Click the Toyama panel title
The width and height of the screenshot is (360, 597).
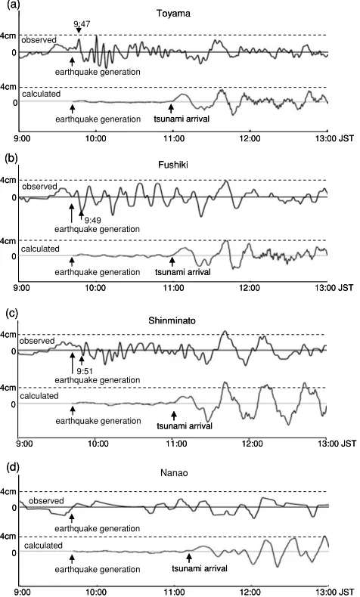click(173, 14)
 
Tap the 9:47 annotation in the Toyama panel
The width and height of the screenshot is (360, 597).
click(82, 24)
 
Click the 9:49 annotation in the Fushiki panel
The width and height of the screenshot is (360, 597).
click(92, 220)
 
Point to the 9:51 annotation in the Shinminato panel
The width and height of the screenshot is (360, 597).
click(85, 371)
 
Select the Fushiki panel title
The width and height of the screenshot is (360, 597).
click(173, 165)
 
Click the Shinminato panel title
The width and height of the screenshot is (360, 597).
click(172, 320)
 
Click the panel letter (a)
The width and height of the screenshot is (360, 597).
click(11, 5)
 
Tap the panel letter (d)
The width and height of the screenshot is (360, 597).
click(11, 467)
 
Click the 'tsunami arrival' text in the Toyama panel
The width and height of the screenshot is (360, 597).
click(182, 119)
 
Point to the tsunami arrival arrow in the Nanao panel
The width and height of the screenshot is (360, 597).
click(189, 558)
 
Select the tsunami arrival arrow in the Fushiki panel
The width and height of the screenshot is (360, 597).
click(172, 261)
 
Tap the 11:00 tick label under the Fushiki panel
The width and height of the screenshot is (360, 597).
click(173, 287)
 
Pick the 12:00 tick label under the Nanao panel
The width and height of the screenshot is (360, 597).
click(251, 592)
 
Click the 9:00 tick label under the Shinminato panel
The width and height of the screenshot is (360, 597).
click(25, 444)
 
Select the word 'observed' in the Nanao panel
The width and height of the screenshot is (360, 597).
click(46, 501)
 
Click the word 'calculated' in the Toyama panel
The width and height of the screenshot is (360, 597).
click(41, 94)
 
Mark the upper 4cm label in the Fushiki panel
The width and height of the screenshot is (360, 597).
click(8, 180)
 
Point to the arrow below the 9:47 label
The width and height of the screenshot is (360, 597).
click(79, 31)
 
